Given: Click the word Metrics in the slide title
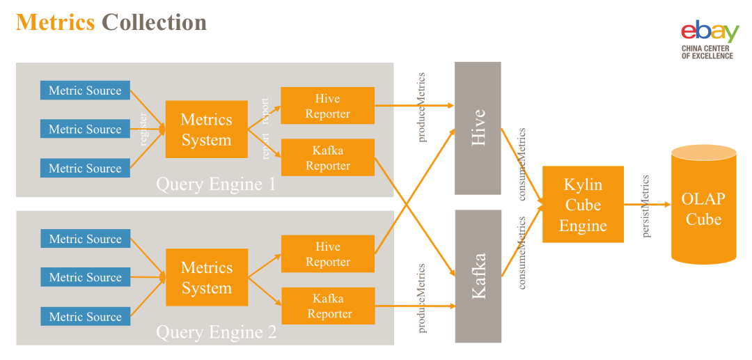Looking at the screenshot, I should coord(55,22).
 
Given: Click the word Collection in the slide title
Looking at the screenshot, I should coord(154,22).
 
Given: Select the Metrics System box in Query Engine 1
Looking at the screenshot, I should coord(206,130).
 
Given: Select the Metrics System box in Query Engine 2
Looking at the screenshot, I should coord(206,277).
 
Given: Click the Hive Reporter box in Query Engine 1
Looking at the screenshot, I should coord(327,106).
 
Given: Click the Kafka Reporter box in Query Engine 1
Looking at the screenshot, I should coord(327,157).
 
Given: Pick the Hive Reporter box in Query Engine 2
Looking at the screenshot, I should coord(327,253).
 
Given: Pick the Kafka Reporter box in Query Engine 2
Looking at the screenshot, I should coord(327,306).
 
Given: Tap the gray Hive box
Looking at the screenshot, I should coord(478,128).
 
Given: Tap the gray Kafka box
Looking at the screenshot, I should coord(478,276).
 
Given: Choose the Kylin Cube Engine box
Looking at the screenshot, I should coord(583,205).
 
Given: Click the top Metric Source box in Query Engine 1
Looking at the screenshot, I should coord(85,91).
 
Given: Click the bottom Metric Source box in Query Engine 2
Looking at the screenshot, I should coord(85,316).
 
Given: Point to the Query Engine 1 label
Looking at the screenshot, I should coord(216,185).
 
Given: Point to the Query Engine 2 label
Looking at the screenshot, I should coord(216,332).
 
